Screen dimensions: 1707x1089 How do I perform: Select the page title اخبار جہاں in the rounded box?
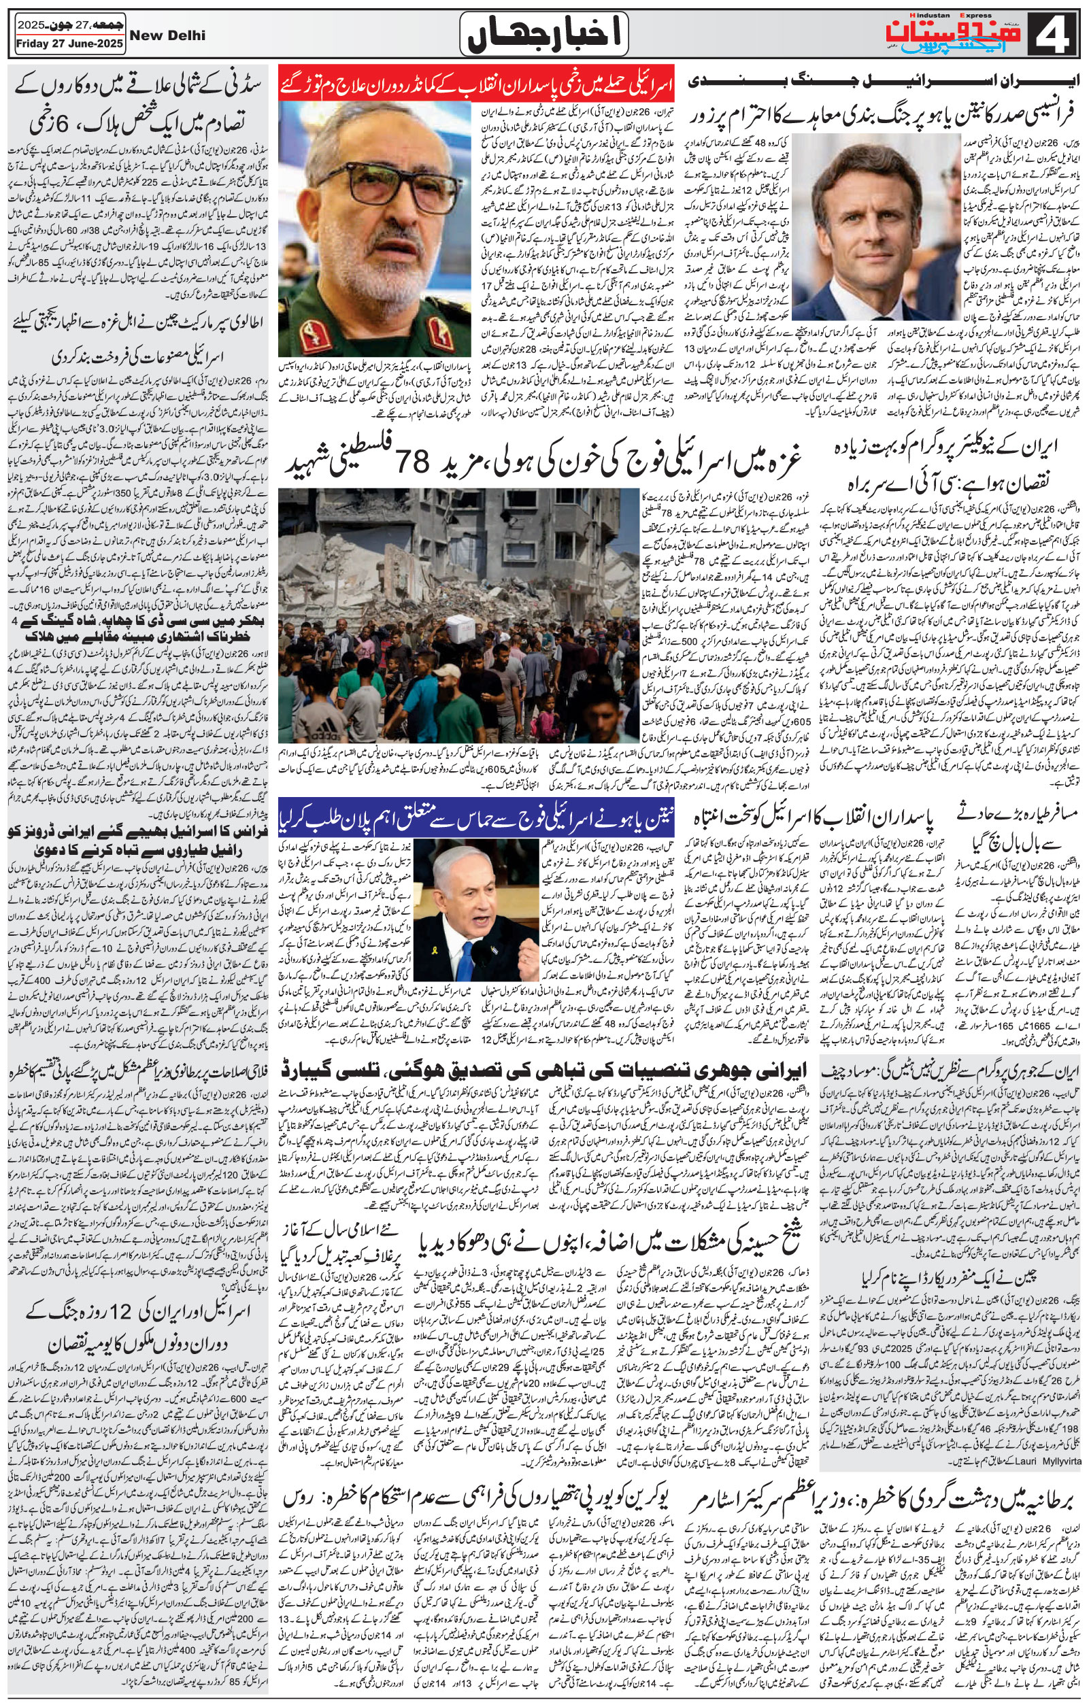[543, 34]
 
